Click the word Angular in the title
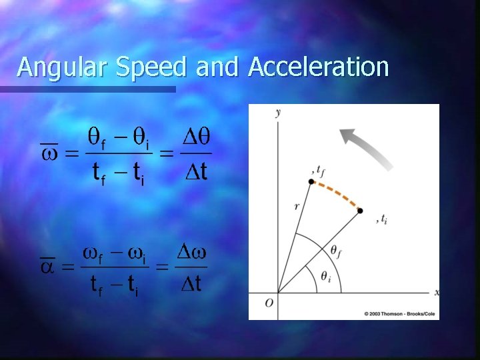57,67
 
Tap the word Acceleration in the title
318,67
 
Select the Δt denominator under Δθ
195,172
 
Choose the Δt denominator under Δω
191,283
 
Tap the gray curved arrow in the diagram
366,147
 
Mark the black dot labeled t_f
311,181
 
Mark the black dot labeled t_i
360,211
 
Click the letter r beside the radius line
297,207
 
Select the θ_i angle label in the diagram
325,278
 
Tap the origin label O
269,303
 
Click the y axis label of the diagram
277,112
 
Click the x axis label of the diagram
436,293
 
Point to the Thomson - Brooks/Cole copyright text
401,313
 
